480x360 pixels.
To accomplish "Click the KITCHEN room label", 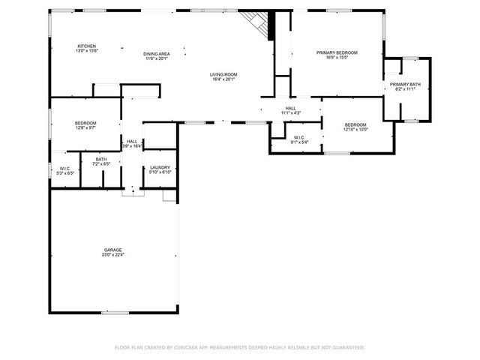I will tap(86, 46).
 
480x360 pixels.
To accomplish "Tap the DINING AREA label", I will tap(156, 53).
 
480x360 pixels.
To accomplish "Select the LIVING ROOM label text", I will tap(223, 74).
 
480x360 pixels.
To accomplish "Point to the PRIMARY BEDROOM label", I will tap(337, 52).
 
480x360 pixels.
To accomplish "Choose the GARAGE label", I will tap(113, 250).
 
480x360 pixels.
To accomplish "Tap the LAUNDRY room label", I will tap(160, 167).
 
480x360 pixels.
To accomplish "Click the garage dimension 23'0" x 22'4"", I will tap(113, 255).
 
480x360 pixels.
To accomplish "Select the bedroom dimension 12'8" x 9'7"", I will tap(85, 128).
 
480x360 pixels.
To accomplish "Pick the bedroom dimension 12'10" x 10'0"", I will tap(355, 129).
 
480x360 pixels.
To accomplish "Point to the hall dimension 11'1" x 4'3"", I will tap(290, 113).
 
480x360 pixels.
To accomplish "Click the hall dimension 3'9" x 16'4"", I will tap(132, 146).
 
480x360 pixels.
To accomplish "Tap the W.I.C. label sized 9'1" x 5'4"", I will tap(298, 137).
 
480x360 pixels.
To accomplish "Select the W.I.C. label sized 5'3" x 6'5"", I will tap(65, 168).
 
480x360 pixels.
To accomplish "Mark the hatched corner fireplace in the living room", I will tap(257, 24).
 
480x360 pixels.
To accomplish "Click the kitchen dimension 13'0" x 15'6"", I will tap(86, 51).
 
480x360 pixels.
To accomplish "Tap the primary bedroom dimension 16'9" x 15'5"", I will tap(337, 58).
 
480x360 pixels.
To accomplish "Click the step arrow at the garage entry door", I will tap(133, 191).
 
